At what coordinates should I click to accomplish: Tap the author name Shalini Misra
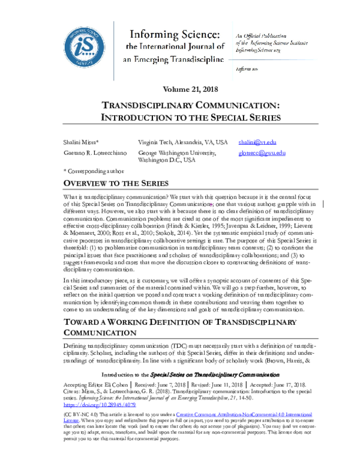click(x=80, y=142)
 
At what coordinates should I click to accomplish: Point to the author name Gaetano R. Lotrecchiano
click(x=92, y=153)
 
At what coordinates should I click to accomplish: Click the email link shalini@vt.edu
click(x=257, y=142)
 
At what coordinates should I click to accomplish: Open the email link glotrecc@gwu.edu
click(x=262, y=153)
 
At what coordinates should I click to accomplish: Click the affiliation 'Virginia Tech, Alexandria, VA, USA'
click(x=182, y=142)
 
